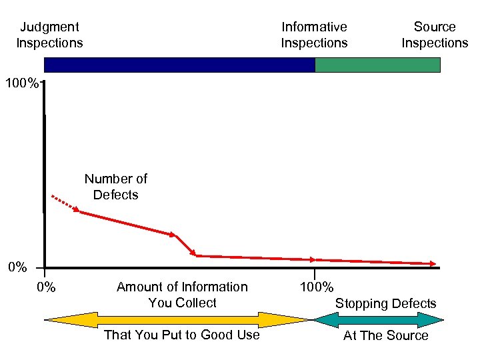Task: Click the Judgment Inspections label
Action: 49,35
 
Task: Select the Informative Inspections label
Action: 314,35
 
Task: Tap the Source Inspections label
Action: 435,35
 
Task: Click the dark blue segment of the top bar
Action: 179,65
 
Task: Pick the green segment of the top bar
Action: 377,65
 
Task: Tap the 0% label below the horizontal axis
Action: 45,287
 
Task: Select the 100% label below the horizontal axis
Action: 317,287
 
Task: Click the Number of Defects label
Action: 115,187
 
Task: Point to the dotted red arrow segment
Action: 65,203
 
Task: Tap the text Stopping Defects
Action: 385,303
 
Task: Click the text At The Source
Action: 385,335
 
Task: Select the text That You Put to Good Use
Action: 182,335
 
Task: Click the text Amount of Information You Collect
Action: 182,295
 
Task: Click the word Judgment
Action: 49,27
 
